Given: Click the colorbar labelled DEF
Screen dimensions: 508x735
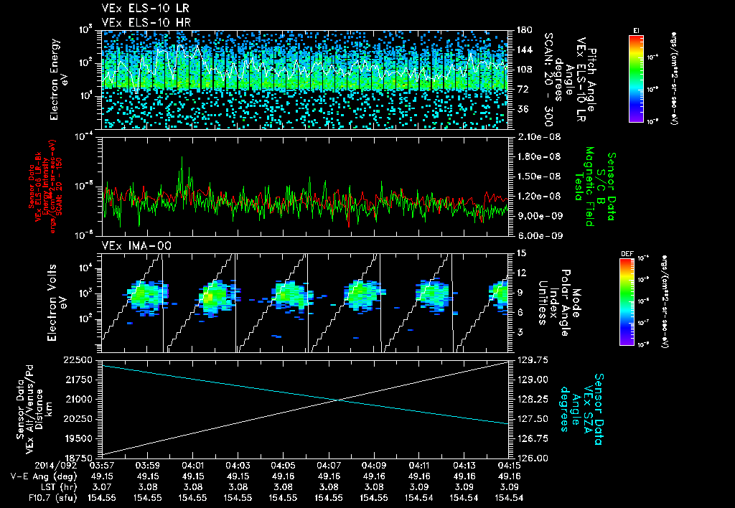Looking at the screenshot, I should tap(625, 301).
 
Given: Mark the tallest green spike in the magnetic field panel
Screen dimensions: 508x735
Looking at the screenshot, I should tap(182, 157).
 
